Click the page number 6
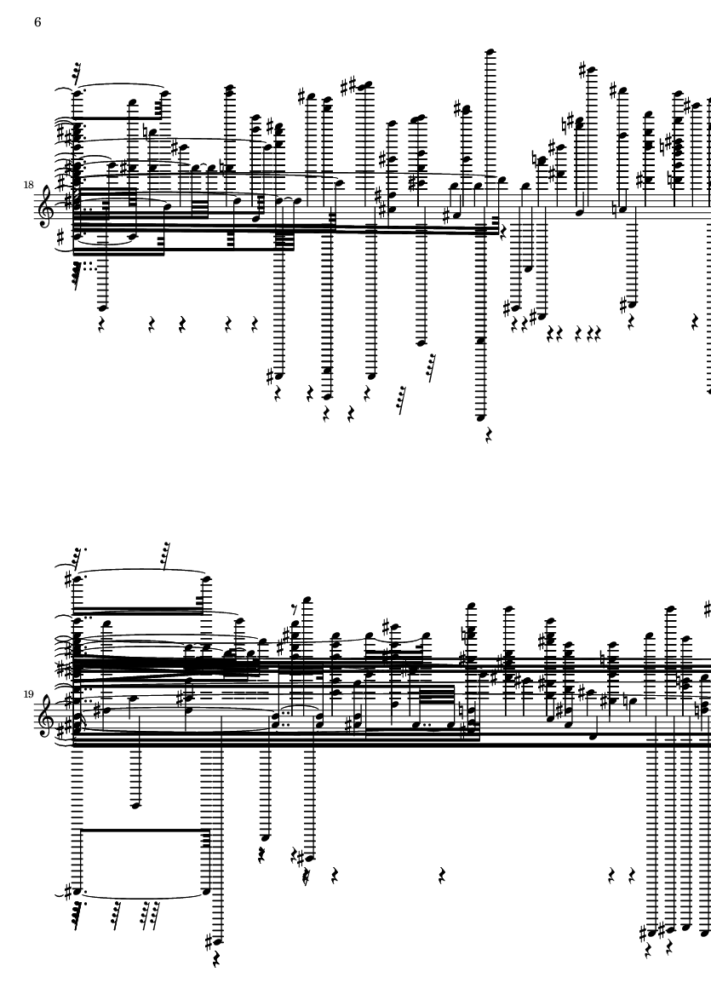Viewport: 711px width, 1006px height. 37,22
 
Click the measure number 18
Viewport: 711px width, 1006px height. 29,185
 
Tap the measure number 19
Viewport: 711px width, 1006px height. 29,693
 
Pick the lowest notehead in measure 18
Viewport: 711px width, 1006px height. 481,417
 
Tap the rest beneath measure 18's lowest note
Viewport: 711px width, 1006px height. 489,436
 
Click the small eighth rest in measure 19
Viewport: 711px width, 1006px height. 295,609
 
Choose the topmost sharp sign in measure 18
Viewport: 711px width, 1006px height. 582,70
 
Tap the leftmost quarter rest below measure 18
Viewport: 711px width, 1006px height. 101,325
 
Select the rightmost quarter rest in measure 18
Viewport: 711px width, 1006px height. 694,321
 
